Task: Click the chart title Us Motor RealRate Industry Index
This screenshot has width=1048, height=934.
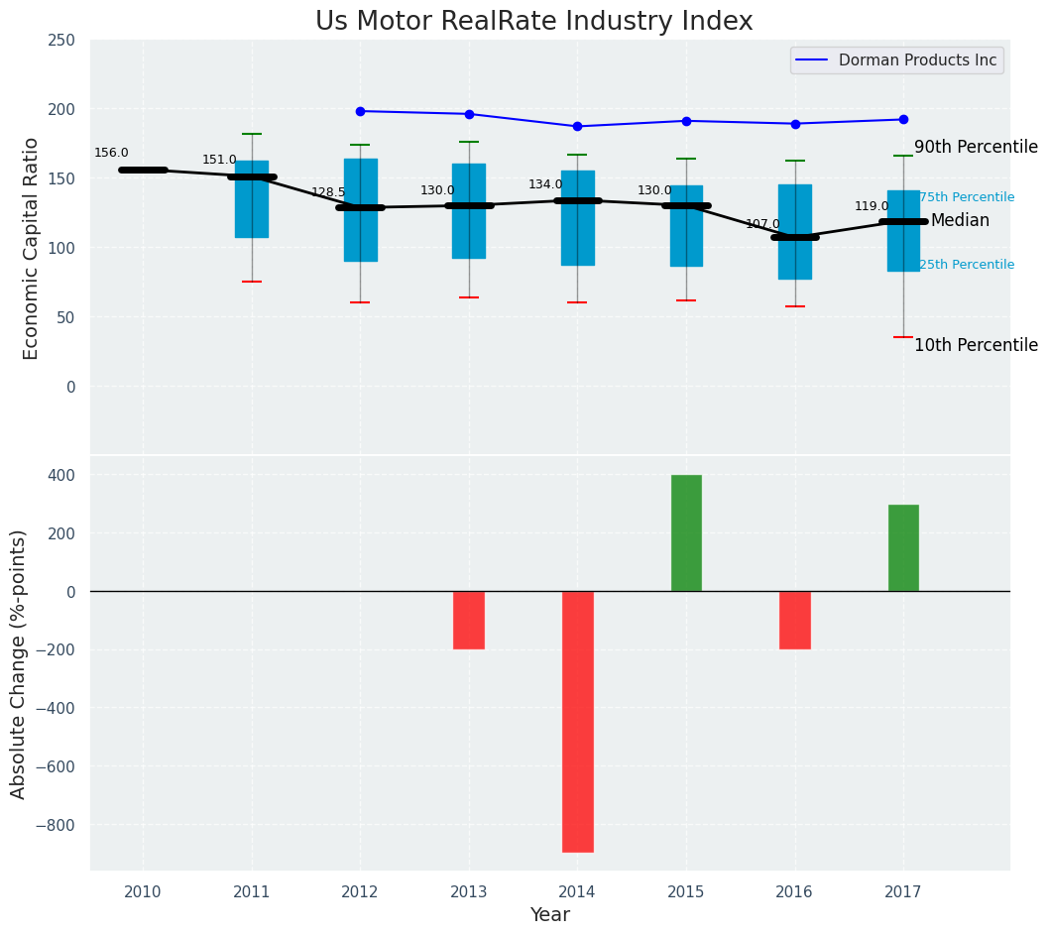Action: (x=533, y=22)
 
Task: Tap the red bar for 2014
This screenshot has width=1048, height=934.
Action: (x=577, y=721)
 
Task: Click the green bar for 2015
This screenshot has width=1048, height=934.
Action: (x=686, y=532)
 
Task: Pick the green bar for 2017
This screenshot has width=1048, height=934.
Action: (x=903, y=547)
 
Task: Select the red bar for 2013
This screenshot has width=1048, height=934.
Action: (x=469, y=620)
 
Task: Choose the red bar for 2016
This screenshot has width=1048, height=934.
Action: (x=795, y=620)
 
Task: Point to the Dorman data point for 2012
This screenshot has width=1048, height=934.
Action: (x=360, y=111)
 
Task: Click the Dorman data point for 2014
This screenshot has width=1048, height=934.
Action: (x=577, y=126)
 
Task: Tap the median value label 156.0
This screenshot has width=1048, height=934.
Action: (x=111, y=153)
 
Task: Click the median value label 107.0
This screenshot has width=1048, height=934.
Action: (x=762, y=224)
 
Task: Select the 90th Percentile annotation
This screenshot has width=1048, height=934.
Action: (x=976, y=147)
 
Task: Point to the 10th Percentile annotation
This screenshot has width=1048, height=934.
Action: (x=976, y=345)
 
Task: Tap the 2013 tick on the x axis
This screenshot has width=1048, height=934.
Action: (x=469, y=892)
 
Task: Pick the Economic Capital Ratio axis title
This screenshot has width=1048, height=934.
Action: (x=31, y=248)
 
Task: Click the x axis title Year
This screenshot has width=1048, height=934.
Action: (x=549, y=915)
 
